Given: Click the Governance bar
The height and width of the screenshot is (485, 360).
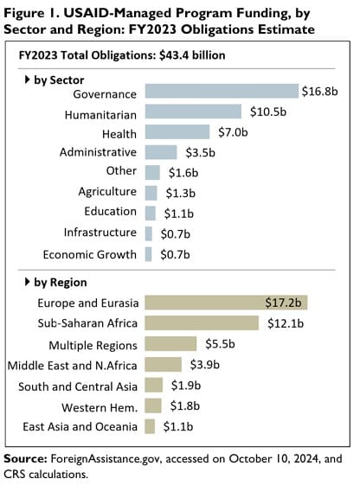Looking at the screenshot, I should point(221,92).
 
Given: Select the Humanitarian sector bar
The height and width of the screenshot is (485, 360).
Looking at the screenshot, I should point(193,112).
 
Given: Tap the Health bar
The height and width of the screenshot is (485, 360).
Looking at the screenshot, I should point(177,131).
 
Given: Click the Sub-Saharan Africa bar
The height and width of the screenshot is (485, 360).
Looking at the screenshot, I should point(202,323).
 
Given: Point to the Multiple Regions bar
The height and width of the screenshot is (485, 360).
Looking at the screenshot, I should point(170,344).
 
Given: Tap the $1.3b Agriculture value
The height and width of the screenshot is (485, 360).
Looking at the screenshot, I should point(175,192).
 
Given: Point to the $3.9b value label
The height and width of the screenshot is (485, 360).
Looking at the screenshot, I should point(200,365).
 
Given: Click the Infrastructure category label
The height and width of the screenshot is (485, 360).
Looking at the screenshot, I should point(100,233).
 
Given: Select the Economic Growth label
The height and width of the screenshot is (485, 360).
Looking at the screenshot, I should point(90,254).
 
